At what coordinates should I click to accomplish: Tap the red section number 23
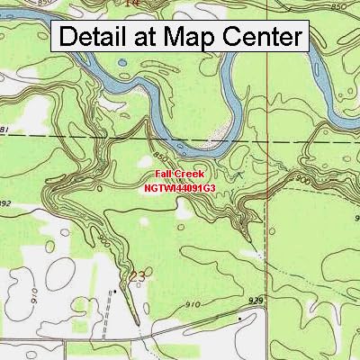click(x=137, y=274)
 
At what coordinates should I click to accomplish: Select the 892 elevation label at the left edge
click(x=4, y=203)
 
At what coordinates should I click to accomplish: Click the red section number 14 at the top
click(x=132, y=4)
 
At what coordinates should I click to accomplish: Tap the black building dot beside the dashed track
click(x=115, y=292)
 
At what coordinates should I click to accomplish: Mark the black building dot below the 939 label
click(x=239, y=317)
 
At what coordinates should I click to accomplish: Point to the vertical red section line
click(x=268, y=180)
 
